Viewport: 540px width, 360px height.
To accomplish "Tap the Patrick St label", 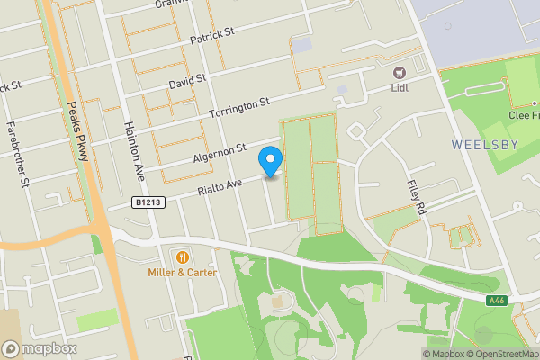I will [212, 37].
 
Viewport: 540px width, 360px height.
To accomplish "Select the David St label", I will [187, 83].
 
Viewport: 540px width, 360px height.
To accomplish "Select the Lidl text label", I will [400, 87].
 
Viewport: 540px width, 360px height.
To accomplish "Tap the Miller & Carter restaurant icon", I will [183, 256].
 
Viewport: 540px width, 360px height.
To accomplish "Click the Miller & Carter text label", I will [183, 272].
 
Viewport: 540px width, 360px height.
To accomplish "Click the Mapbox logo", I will [40, 348].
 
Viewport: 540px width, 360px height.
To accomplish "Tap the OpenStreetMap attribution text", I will [499, 353].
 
